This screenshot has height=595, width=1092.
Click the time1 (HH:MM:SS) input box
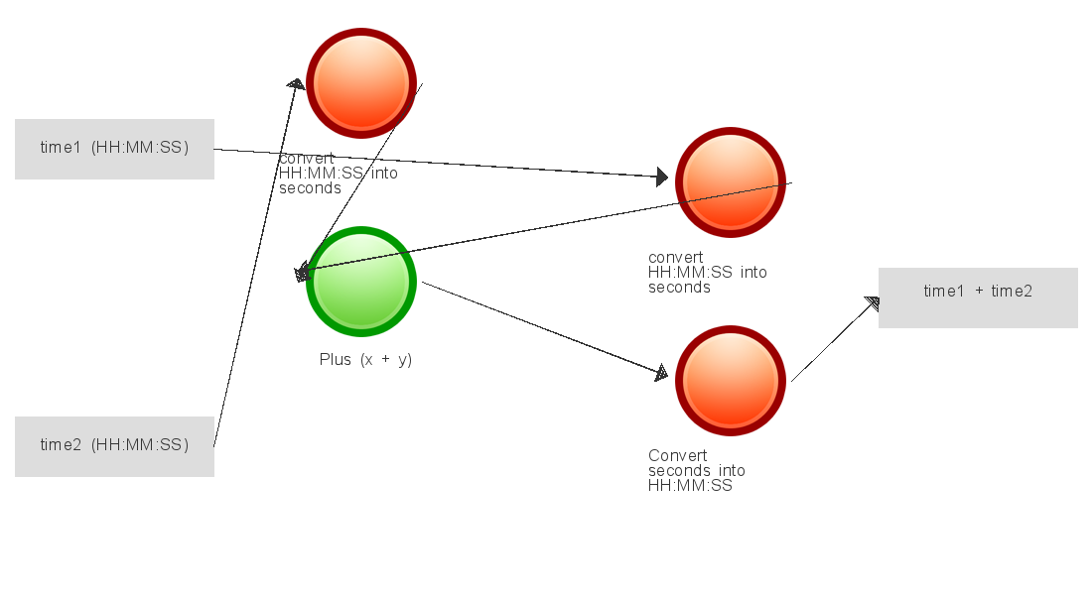point(114,149)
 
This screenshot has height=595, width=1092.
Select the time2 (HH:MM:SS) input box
point(114,447)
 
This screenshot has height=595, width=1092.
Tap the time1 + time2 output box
point(978,297)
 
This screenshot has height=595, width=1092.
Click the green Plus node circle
point(361,282)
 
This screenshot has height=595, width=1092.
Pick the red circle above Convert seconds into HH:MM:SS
point(731,381)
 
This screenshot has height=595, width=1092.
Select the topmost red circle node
point(361,83)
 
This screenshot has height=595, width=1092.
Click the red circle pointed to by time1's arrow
point(731,182)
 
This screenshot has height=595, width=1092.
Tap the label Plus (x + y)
point(365,360)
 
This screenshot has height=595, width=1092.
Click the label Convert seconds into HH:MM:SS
point(697,470)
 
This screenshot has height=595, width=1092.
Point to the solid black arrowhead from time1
point(662,178)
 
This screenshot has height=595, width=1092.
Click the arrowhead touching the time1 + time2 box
point(873,303)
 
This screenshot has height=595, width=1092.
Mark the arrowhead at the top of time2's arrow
point(296,84)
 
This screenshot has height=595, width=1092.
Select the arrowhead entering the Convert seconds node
point(661,373)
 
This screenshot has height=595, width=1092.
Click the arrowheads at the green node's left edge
point(302,273)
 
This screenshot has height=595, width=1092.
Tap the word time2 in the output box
point(1012,291)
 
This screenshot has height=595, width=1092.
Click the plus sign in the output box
point(979,292)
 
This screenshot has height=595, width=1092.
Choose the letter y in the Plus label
point(404,361)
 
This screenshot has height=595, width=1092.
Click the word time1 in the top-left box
point(61,147)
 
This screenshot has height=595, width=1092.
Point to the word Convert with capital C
point(678,455)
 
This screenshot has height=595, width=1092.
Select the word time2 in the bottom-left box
point(61,444)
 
